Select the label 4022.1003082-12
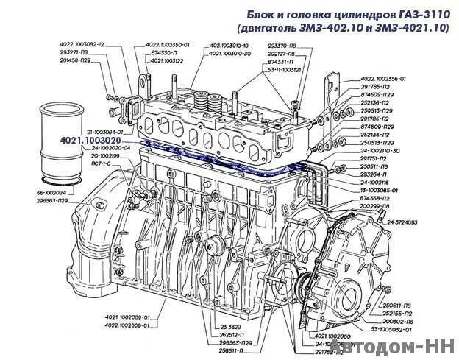click(82, 45)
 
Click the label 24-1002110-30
click(385, 150)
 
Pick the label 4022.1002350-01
click(167, 45)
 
